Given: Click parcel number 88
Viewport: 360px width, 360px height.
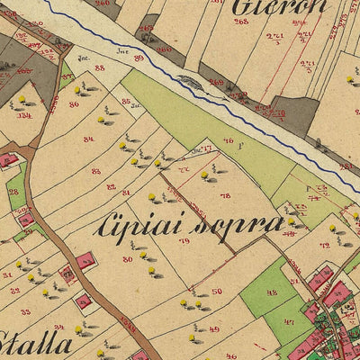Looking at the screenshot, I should point(98,67).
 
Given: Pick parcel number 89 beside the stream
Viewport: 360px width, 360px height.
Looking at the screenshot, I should point(138,58).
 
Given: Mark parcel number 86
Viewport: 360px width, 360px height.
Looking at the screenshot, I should point(73,104).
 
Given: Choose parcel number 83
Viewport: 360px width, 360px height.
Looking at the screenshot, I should point(95,171).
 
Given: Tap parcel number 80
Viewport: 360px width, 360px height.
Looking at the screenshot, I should point(127,259).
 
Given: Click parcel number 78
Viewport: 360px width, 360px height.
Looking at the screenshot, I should point(224,195).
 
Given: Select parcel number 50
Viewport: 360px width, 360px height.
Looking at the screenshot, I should point(216,292).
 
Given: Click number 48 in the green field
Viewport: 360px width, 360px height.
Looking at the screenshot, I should point(271,292).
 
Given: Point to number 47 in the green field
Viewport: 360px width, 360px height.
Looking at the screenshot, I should point(288,322).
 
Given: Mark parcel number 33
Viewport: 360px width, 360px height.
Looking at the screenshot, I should point(24,311).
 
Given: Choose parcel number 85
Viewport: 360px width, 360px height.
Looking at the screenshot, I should point(126,101).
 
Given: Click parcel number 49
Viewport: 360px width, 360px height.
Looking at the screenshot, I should point(213,329).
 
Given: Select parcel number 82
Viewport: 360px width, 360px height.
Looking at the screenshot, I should point(111,186).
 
